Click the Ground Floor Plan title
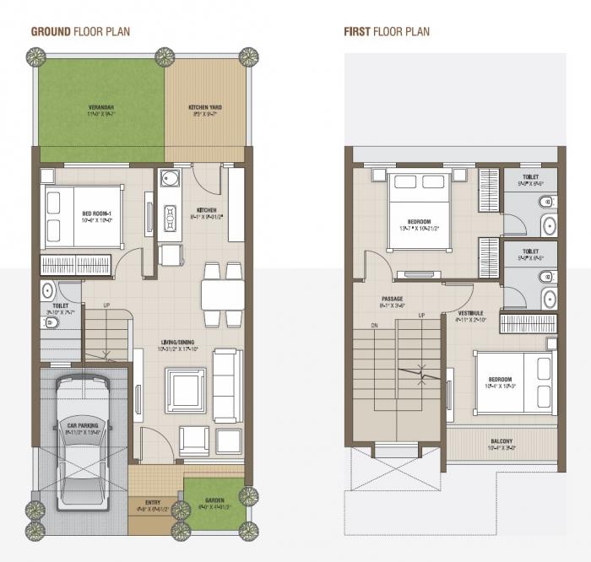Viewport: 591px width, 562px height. tap(80, 32)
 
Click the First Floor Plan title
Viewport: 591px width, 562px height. tap(386, 32)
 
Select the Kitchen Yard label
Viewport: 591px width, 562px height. tap(205, 108)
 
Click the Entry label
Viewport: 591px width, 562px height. tap(154, 500)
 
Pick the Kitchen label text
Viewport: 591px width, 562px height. tap(206, 210)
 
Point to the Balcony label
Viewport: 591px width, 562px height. tap(502, 442)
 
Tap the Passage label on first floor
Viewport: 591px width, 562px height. tap(392, 298)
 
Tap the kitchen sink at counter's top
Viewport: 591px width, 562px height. tap(171, 180)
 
